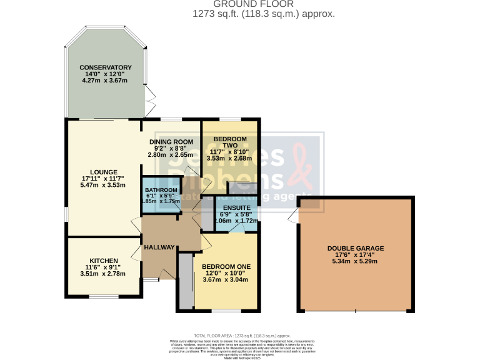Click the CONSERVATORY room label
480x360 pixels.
coord(105,67)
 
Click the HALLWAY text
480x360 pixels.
coord(159,247)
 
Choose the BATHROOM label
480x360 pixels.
coord(161,190)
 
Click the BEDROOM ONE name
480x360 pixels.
coord(226,267)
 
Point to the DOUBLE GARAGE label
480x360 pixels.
coord(356,248)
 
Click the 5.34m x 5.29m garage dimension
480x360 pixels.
coord(356,261)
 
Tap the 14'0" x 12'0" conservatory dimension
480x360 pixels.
coord(105,74)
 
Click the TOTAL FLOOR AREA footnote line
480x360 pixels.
coord(240,336)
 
